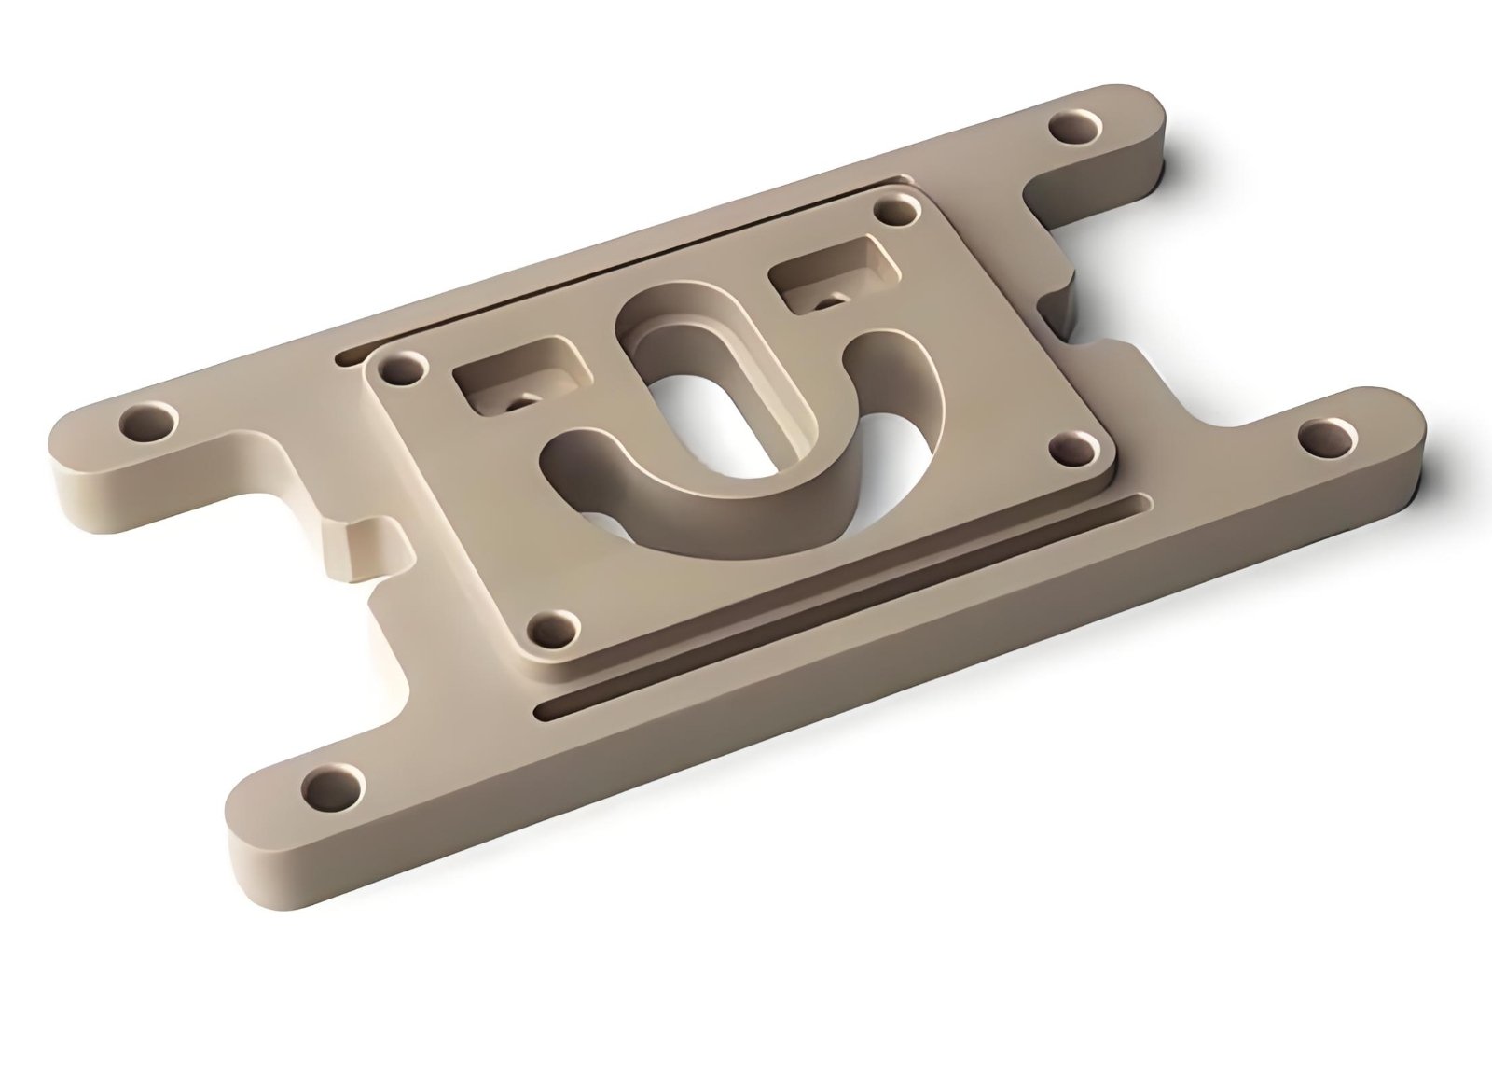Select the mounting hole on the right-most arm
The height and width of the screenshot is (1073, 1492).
(1323, 439)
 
